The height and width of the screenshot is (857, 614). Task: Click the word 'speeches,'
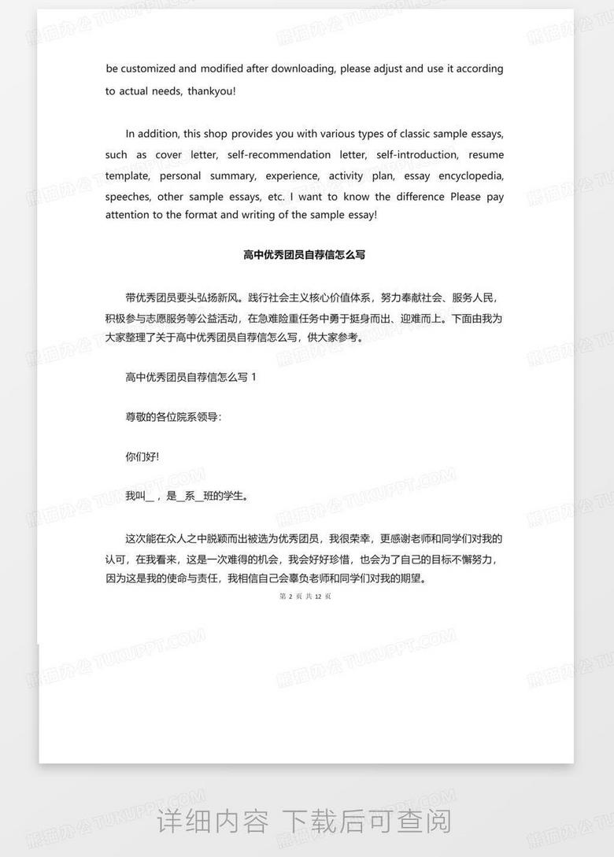coord(128,197)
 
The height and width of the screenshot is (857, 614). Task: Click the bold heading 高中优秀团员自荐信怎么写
coord(305,255)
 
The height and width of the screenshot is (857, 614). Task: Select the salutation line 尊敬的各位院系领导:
coord(173,417)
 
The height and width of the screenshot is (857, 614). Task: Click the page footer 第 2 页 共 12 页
coord(305,597)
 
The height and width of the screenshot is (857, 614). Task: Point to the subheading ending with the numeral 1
coord(190,378)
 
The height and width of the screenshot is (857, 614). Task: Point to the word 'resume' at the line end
coord(486,154)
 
